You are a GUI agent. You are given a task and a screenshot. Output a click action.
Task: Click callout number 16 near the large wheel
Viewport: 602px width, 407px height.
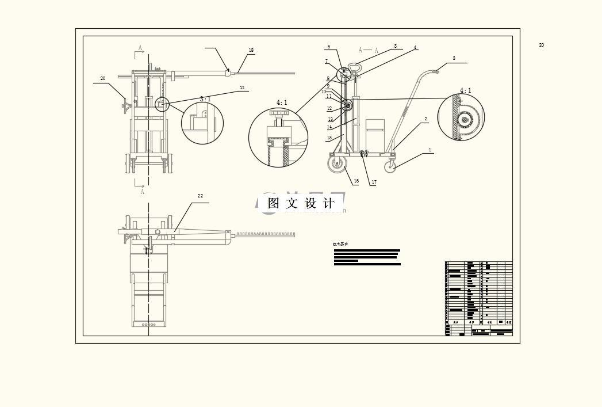pyautogui.click(x=356, y=181)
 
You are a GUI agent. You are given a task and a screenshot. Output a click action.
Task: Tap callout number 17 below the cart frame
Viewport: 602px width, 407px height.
pyautogui.click(x=374, y=182)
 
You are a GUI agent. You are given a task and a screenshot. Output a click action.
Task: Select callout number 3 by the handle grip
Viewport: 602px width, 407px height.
pyautogui.click(x=454, y=59)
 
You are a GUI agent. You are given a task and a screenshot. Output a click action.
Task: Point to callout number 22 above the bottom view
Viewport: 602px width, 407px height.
pyautogui.click(x=200, y=196)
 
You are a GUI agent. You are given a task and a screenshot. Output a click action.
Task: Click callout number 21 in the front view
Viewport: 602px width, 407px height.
pyautogui.click(x=243, y=88)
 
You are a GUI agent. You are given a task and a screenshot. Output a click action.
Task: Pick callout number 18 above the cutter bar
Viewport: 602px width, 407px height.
pyautogui.click(x=251, y=51)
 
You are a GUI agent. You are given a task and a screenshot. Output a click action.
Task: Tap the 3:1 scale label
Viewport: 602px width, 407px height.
pyautogui.click(x=205, y=99)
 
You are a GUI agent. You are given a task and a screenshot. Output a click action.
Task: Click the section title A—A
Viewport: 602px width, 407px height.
pyautogui.click(x=368, y=51)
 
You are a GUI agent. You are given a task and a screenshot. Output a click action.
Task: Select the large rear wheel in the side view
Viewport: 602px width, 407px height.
pyautogui.click(x=338, y=165)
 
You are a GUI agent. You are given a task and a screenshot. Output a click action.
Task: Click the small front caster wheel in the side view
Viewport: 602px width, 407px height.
pyautogui.click(x=392, y=167)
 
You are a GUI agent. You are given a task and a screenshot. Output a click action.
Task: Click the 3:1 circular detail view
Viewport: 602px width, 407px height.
pyautogui.click(x=202, y=124)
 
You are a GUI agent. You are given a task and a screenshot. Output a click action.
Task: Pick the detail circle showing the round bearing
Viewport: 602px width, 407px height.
pyautogui.click(x=461, y=117)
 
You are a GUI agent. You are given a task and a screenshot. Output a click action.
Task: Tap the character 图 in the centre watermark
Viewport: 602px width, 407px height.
pyautogui.click(x=273, y=203)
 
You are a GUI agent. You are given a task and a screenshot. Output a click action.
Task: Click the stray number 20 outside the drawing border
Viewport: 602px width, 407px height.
pyautogui.click(x=541, y=45)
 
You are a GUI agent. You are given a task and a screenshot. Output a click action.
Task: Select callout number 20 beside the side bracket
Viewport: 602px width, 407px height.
pyautogui.click(x=103, y=78)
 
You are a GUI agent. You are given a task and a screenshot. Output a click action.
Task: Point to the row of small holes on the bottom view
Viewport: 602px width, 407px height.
pyautogui.click(x=149, y=325)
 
